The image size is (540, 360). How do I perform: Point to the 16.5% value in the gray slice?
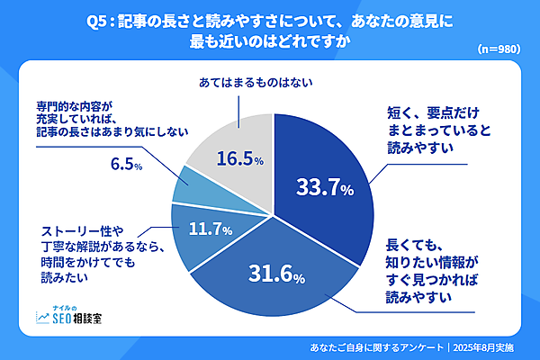point(238,159)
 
